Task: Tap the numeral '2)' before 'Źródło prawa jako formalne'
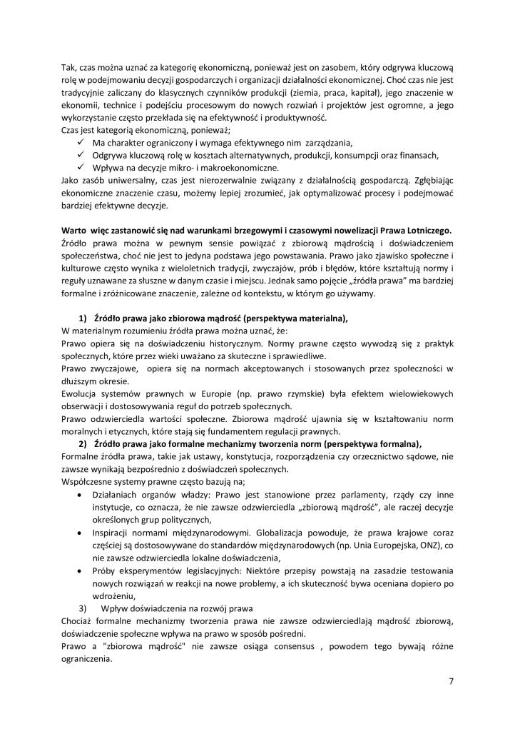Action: click(82, 441)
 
